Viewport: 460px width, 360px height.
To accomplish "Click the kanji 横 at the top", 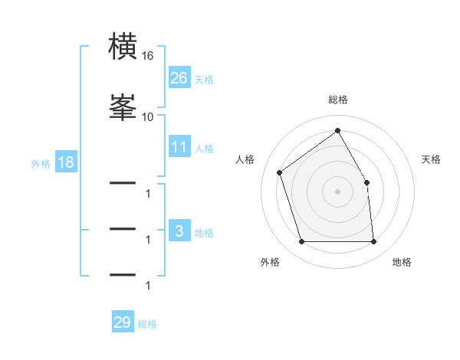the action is tap(123, 46).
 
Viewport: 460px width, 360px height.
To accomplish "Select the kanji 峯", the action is tap(123, 107).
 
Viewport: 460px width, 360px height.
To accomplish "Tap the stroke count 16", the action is tap(147, 56).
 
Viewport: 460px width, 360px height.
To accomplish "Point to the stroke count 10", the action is tap(147, 117).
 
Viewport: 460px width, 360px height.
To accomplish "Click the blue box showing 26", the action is tap(179, 77).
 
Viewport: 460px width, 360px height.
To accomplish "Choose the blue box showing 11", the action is tap(179, 146).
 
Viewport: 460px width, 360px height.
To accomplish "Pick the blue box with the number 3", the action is tap(179, 230).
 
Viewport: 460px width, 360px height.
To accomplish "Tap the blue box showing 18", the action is tap(66, 162).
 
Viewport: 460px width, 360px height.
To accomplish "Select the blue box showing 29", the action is tap(123, 321).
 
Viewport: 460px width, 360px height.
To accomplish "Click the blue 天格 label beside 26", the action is tap(204, 80).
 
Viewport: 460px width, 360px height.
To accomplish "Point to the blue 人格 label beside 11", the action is tap(204, 149).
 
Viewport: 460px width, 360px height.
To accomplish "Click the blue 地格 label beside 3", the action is tap(204, 233).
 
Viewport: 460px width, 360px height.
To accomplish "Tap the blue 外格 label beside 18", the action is tap(41, 164).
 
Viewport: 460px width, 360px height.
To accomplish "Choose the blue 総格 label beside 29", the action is tap(147, 324).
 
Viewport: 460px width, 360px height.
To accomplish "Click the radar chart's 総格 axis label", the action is tap(338, 100).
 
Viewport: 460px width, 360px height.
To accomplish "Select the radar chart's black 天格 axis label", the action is tap(431, 159).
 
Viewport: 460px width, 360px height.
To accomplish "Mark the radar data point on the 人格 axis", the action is tap(280, 172).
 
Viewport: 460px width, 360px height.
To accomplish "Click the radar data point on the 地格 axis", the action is tap(373, 241).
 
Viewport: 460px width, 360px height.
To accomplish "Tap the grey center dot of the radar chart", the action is tap(337, 191).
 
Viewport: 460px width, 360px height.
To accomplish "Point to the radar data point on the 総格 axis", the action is tap(337, 130).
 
